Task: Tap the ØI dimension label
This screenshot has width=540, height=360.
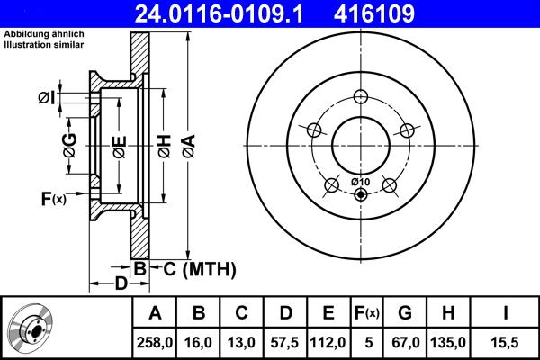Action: (x=48, y=96)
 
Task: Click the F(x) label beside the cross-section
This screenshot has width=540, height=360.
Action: (x=53, y=198)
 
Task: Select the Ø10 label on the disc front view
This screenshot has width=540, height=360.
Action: (x=360, y=183)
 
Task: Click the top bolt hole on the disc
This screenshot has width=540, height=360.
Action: (x=361, y=98)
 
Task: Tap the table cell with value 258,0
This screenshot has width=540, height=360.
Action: (x=155, y=342)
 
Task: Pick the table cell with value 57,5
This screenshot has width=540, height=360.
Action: (x=285, y=342)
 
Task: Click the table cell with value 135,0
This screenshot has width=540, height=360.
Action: (x=450, y=342)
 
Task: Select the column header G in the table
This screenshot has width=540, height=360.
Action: (x=405, y=313)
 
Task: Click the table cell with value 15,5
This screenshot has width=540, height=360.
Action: (x=505, y=342)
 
